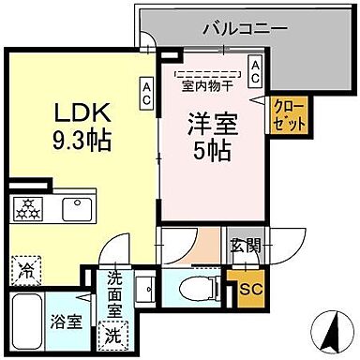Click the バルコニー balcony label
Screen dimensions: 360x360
click(x=245, y=28)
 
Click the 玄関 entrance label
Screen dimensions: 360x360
click(x=243, y=247)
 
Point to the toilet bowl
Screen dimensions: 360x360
click(x=195, y=286)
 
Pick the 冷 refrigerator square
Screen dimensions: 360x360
click(x=26, y=273)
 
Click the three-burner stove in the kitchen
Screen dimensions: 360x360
click(x=26, y=207)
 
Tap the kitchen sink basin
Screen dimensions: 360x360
click(x=76, y=207)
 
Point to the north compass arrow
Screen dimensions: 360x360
click(x=330, y=333)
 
